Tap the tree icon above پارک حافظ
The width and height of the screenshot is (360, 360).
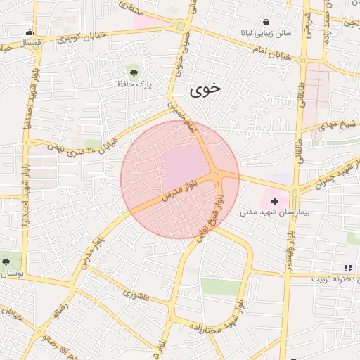[x=134, y=70]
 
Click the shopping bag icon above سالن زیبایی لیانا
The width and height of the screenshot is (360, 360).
[x=266, y=22]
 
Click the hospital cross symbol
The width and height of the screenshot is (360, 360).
[x=274, y=201]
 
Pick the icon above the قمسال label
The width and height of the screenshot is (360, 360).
[x=29, y=31]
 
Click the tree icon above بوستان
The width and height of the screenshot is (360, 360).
[x=6, y=262]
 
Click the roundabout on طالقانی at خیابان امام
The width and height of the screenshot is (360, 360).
[x=303, y=60]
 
